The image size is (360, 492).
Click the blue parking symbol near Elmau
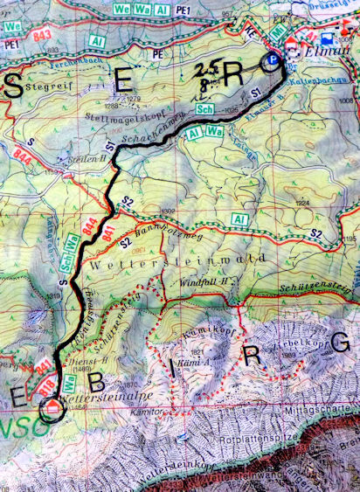tap(273, 60)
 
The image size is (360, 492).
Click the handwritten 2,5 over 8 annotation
tap(207, 78)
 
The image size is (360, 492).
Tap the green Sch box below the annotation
tap(205, 108)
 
